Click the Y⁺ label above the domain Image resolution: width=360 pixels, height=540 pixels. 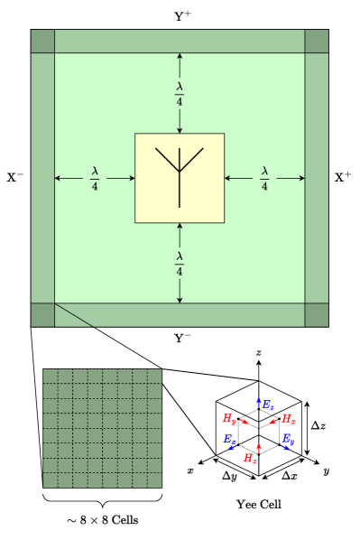[x=181, y=14]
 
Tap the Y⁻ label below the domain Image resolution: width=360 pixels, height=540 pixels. [x=181, y=339]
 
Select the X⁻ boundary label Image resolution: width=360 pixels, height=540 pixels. [x=15, y=178]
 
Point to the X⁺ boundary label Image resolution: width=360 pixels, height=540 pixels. [x=343, y=178]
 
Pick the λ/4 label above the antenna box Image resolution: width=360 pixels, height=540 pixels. [x=180, y=94]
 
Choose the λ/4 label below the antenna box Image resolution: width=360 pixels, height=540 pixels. [x=180, y=263]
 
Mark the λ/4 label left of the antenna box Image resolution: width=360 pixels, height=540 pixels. [x=94, y=178]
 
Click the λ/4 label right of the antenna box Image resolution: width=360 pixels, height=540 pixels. [x=264, y=178]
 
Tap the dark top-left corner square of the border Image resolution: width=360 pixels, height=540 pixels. [x=42, y=42]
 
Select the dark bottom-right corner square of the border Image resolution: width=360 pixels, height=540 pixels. [x=317, y=314]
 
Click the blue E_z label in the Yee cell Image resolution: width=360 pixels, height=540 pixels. [x=268, y=407]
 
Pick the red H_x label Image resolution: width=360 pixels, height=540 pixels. [x=288, y=419]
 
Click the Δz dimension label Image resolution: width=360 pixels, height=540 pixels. [x=319, y=425]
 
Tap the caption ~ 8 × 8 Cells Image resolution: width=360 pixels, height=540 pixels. [x=102, y=521]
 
